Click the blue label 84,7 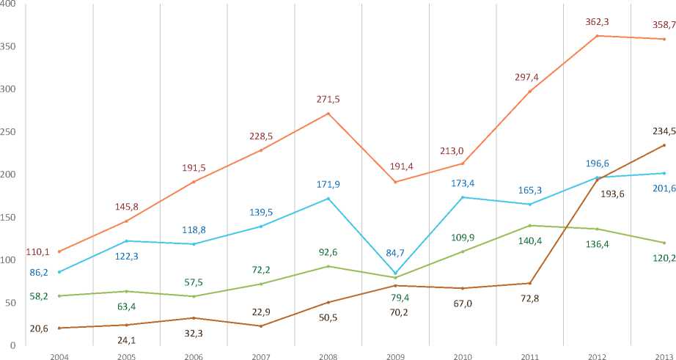tap(397, 254)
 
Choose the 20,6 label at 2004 tap(38, 328)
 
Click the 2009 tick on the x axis tap(395, 355)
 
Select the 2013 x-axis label tap(664, 355)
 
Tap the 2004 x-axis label tap(60, 355)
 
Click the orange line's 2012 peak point tap(598, 36)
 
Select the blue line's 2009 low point tap(396, 273)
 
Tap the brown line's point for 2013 tap(664, 145)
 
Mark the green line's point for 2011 tap(530, 225)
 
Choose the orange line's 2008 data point tap(328, 113)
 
